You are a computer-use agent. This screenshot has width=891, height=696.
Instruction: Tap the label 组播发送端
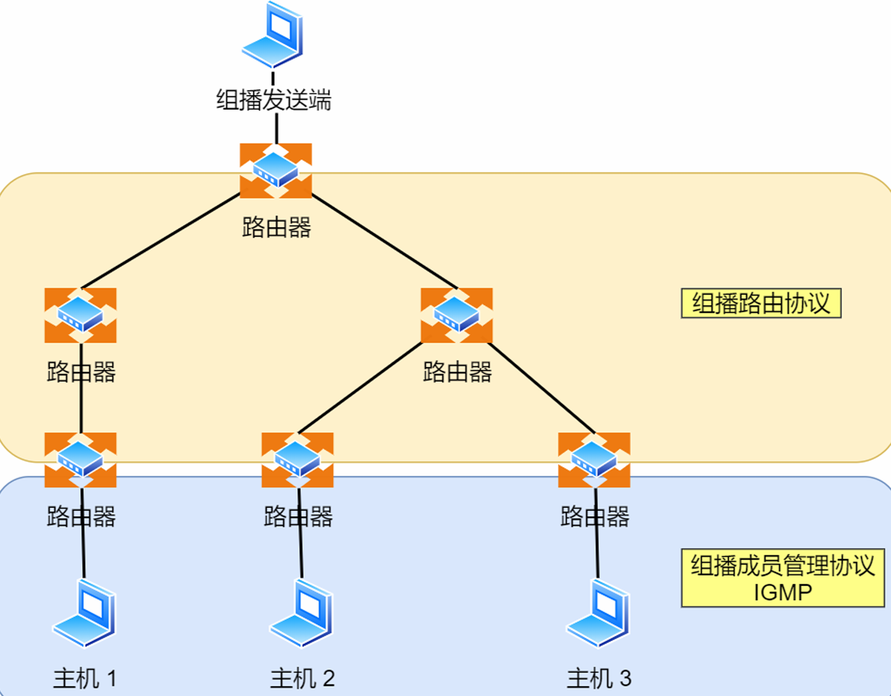273,100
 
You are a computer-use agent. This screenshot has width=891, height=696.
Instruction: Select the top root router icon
276,171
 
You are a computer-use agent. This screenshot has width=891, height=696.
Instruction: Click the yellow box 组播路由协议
761,303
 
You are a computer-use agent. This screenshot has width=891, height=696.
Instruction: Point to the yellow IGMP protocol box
782,578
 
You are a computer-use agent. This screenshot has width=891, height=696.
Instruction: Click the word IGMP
782,592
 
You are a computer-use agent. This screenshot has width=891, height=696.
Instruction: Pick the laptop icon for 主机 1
84,613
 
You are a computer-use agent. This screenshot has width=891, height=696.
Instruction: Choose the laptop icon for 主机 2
302,613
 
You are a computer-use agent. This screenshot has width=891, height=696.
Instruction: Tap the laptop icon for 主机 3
598,613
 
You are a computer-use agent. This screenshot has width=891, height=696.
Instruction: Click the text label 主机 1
85,679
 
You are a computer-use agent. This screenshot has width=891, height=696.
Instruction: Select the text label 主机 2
302,679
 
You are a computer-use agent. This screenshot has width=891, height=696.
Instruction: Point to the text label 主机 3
599,679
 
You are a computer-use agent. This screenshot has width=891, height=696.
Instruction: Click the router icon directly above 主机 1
80,460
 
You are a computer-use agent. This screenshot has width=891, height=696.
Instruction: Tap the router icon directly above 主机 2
298,460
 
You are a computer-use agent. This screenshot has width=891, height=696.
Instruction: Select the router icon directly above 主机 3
594,460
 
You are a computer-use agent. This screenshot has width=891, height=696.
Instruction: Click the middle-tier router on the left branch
80,315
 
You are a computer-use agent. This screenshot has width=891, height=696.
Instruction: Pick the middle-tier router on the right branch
456,315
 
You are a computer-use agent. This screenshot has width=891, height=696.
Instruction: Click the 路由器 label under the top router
276,227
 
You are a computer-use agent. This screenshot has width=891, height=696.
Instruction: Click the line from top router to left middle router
161,241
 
